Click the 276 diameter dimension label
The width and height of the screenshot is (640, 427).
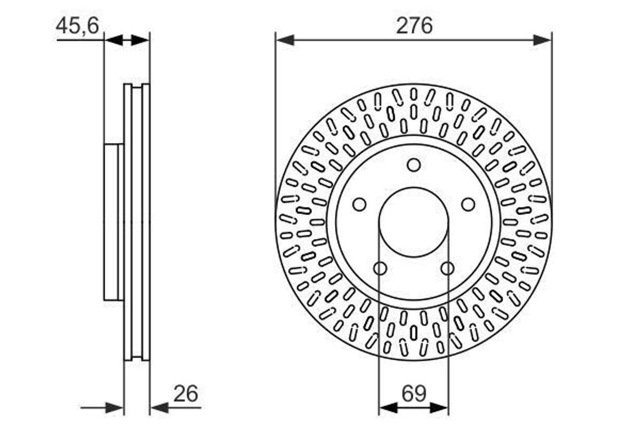click(414, 26)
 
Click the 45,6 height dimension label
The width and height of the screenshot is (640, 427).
click(77, 26)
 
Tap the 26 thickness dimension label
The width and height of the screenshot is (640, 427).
click(186, 393)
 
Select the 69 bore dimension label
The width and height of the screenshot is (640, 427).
click(414, 393)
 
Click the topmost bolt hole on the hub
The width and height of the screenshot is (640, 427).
click(414, 165)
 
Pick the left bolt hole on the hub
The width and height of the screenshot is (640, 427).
click(359, 204)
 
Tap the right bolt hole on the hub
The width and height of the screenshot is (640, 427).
click(468, 204)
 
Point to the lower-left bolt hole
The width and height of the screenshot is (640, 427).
click(380, 268)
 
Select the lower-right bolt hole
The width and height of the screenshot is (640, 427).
click(447, 268)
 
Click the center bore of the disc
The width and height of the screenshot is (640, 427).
click(414, 222)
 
